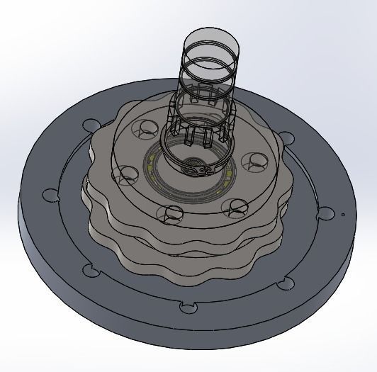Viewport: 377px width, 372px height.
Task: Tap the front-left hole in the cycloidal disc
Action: click(x=172, y=212)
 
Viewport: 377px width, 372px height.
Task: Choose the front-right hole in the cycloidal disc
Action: click(x=235, y=205)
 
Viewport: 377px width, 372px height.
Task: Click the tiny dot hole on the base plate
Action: click(x=342, y=213)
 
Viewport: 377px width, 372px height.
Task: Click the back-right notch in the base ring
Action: click(x=287, y=137)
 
